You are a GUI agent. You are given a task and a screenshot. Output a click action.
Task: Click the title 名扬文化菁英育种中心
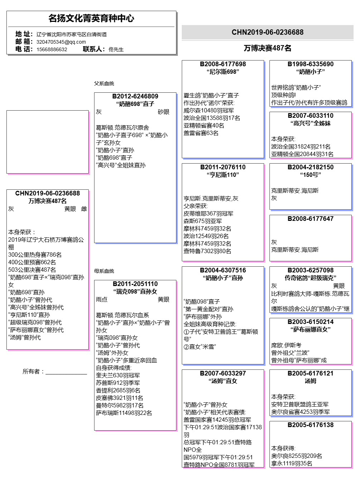coord(91,18)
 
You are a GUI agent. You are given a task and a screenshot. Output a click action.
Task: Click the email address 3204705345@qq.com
coord(61,42)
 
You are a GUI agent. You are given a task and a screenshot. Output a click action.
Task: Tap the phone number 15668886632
coord(52,49)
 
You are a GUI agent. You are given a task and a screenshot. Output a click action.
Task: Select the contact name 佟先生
coord(116,49)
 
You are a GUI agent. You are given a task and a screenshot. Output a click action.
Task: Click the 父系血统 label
coord(104,83)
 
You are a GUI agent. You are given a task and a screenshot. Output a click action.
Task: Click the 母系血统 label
coord(104,271)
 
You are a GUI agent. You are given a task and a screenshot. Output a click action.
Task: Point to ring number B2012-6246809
coord(135,96)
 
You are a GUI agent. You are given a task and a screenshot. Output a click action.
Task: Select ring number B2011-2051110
coord(135,284)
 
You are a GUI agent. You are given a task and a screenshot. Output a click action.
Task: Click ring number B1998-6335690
coord(311,64)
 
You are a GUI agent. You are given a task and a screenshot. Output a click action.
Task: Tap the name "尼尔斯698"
coord(223,72)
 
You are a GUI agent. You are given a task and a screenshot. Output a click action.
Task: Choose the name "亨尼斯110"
coord(223,175)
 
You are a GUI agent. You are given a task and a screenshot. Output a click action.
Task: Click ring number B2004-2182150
coord(311,167)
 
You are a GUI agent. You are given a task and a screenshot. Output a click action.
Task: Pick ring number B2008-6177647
coord(311,219)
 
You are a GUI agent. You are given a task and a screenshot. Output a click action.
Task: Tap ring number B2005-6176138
coord(311,425)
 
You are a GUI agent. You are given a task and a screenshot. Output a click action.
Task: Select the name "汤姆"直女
coord(223,381)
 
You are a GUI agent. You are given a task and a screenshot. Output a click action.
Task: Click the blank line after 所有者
coord(66,372)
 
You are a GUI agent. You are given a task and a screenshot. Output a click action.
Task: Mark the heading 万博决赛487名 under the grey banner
coord(268,48)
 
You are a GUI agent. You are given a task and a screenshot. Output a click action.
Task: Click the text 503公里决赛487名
coord(32,270)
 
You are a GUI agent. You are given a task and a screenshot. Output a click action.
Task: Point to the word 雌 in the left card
coord(84,209)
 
